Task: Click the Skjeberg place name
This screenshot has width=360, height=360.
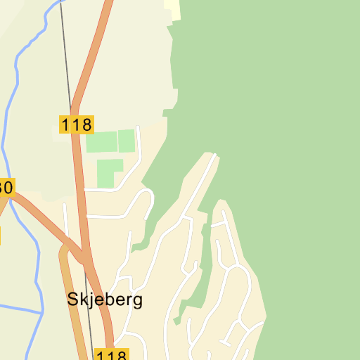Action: point(105,299)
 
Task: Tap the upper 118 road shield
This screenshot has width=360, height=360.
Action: point(76,125)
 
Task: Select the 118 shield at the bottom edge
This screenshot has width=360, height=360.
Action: point(111,354)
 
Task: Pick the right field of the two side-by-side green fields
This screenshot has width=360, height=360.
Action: point(126,141)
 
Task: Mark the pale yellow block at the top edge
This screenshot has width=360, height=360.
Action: point(172,8)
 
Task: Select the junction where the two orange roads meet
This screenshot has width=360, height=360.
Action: point(85,256)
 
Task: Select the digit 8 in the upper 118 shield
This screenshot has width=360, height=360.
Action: point(86,125)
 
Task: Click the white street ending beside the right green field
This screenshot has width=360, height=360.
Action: point(139,141)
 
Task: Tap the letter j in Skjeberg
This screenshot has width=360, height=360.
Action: point(91,300)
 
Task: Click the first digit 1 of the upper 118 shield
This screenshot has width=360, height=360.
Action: point(65,125)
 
